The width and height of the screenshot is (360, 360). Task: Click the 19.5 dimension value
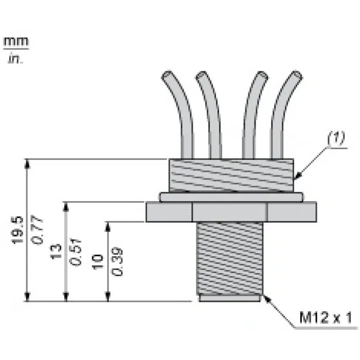pyautogui.click(x=17, y=230)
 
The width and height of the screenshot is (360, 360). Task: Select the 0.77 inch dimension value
pyautogui.click(x=37, y=230)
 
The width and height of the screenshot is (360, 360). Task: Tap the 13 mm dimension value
pyautogui.click(x=56, y=251)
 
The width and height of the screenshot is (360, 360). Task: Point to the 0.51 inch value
pyautogui.click(x=76, y=252)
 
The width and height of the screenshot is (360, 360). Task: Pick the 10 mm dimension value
pyautogui.click(x=98, y=261)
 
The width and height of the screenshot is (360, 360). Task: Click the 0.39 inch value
pyautogui.click(x=117, y=261)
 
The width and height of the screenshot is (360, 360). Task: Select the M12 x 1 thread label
pyautogui.click(x=326, y=318)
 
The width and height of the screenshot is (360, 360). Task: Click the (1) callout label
pyautogui.click(x=336, y=138)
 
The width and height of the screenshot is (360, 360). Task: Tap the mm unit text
pyautogui.click(x=16, y=42)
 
